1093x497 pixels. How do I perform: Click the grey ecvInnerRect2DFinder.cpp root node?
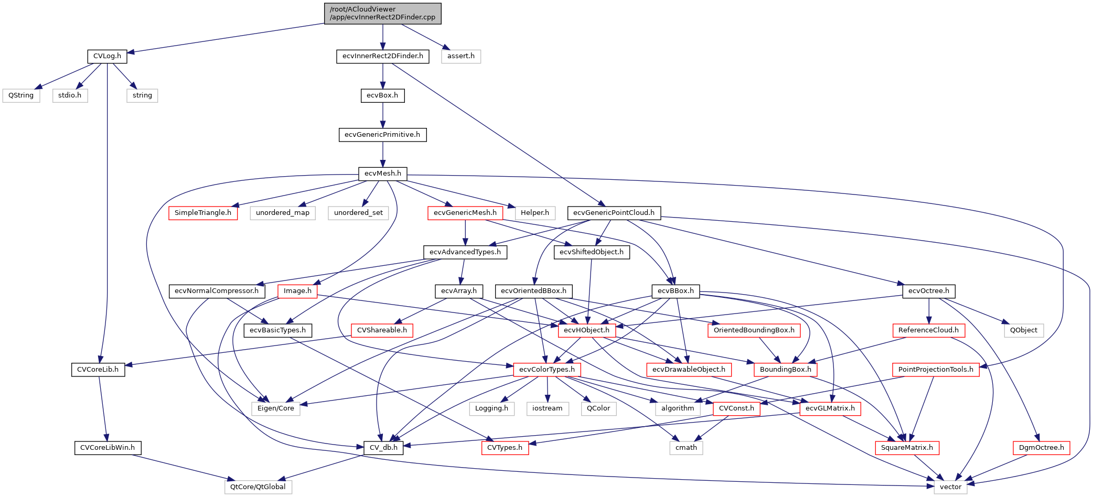click(x=382, y=13)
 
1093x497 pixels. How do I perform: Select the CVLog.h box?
click(x=107, y=56)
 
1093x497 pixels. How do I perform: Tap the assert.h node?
click(x=460, y=56)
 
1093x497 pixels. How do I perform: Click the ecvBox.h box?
click(x=382, y=95)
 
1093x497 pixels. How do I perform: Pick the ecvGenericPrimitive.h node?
click(x=382, y=135)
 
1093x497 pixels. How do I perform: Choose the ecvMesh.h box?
click(x=382, y=174)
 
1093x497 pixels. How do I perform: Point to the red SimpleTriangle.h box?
click(x=203, y=213)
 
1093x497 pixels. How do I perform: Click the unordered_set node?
click(x=358, y=213)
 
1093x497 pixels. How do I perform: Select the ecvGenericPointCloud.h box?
click(x=614, y=213)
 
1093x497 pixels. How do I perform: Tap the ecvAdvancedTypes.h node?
click(x=465, y=252)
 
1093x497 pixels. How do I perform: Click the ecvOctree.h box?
click(x=928, y=291)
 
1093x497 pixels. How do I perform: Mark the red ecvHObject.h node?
click(x=586, y=330)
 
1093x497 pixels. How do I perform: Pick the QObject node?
click(x=1023, y=330)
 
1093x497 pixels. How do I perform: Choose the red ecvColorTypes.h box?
click(x=546, y=370)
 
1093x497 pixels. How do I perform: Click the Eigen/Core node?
click(x=275, y=408)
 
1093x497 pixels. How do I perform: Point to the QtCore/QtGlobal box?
click(x=258, y=487)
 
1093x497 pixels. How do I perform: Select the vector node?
click(x=950, y=487)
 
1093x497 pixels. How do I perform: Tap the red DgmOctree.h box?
click(x=1041, y=448)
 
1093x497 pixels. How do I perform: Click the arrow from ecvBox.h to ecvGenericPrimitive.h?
click(x=382, y=115)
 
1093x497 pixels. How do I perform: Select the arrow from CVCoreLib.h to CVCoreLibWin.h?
click(x=102, y=408)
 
